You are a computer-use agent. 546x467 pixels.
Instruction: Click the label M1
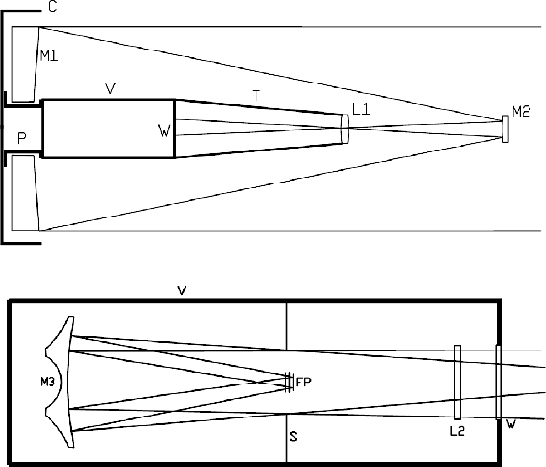tap(50, 55)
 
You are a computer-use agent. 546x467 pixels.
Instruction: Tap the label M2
tap(521, 112)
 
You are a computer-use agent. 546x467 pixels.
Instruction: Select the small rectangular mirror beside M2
tap(505, 129)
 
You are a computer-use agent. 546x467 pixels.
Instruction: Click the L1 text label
tap(361, 110)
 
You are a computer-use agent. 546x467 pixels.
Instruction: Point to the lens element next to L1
tap(345, 128)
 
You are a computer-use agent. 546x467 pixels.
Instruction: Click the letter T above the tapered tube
tap(256, 96)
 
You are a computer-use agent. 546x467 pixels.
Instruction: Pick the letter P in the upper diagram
tap(22, 138)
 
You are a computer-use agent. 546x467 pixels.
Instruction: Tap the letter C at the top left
tap(52, 7)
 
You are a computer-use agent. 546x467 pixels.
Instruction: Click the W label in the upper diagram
tap(164, 131)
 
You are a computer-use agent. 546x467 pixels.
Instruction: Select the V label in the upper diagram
tap(111, 88)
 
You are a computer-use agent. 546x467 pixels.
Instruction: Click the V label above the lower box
tap(182, 291)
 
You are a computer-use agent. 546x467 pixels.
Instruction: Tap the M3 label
tap(48, 383)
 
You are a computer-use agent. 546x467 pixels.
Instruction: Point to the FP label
tap(303, 383)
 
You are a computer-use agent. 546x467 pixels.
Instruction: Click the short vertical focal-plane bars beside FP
tap(290, 383)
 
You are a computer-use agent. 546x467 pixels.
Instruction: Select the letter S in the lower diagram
tap(294, 436)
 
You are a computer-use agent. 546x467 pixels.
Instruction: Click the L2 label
tap(458, 431)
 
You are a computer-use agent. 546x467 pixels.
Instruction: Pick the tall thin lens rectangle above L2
tap(458, 383)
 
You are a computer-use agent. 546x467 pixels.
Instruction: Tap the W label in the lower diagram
tap(511, 424)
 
